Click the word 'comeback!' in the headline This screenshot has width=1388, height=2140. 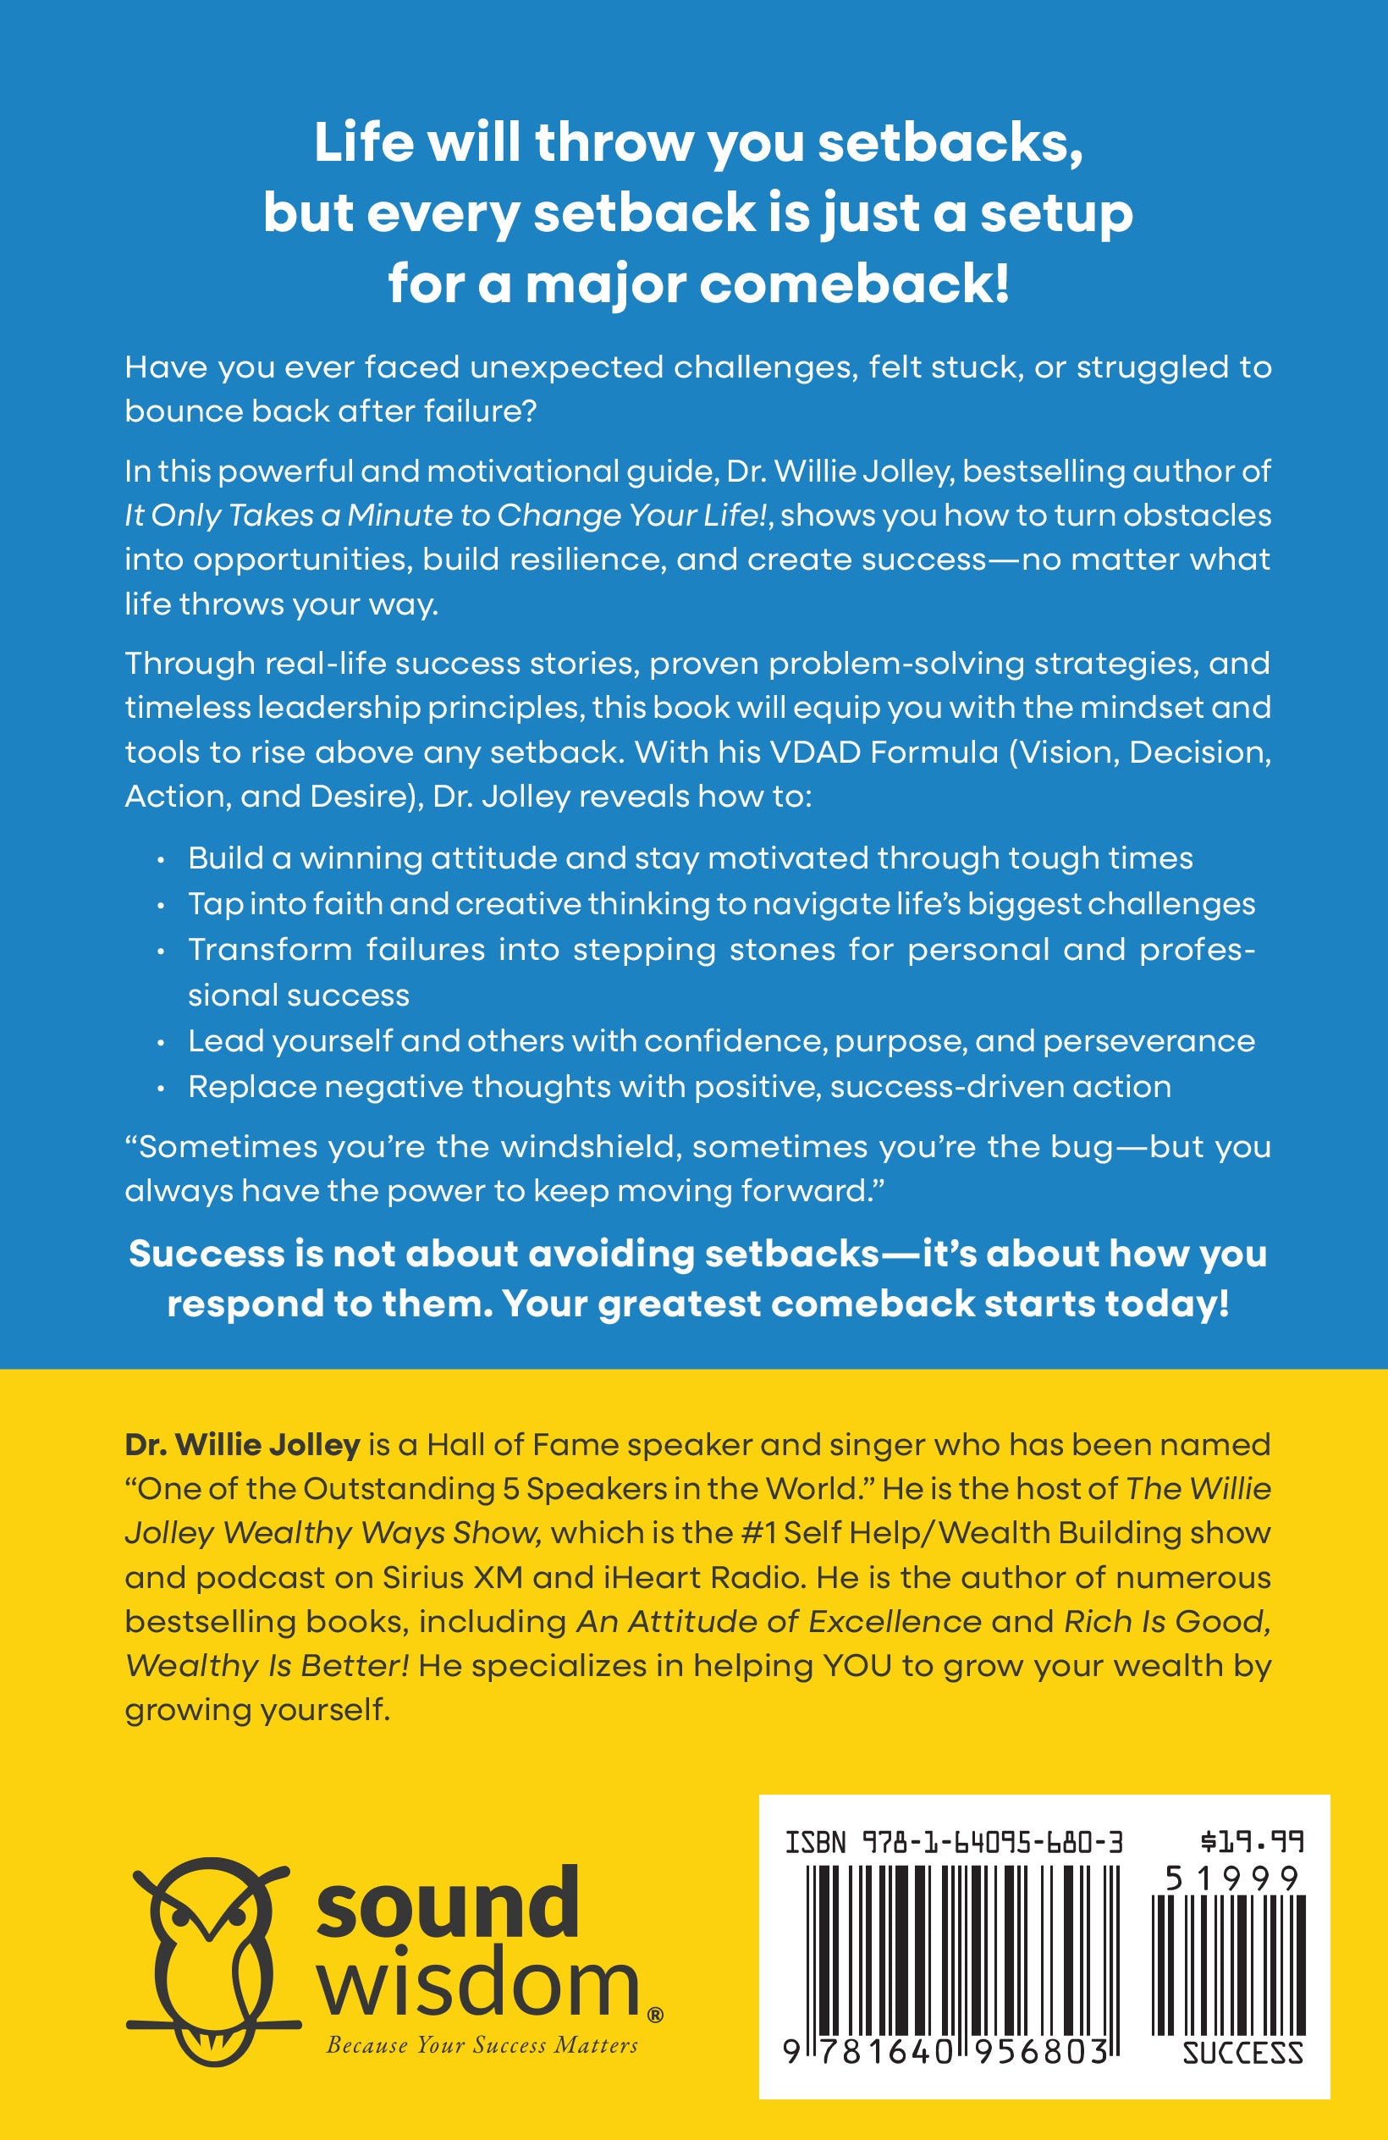point(854,285)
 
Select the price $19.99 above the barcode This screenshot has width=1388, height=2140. point(1252,1842)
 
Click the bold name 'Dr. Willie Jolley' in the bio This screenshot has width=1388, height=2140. point(242,1445)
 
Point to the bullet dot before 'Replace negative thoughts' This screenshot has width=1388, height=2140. point(161,1089)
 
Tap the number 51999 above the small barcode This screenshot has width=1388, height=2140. point(1232,1878)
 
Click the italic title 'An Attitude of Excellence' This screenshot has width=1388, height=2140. point(779,1621)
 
